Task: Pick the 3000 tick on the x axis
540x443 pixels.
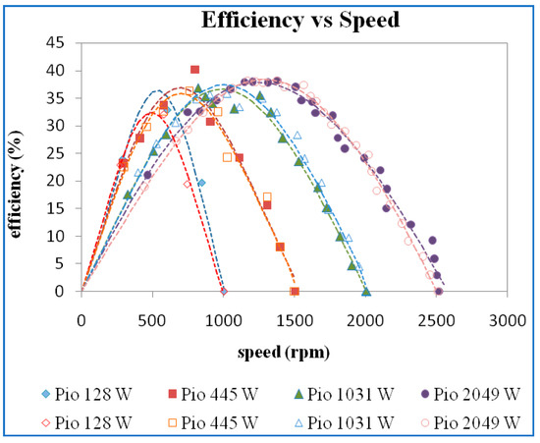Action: [508, 319]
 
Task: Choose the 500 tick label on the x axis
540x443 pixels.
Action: [152, 319]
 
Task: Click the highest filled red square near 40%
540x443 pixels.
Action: [194, 70]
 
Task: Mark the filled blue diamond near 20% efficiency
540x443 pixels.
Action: [201, 183]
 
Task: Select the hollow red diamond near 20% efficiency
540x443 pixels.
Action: [188, 184]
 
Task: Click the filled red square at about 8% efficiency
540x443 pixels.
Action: [280, 248]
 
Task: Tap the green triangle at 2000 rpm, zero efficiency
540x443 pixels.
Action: [366, 292]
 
